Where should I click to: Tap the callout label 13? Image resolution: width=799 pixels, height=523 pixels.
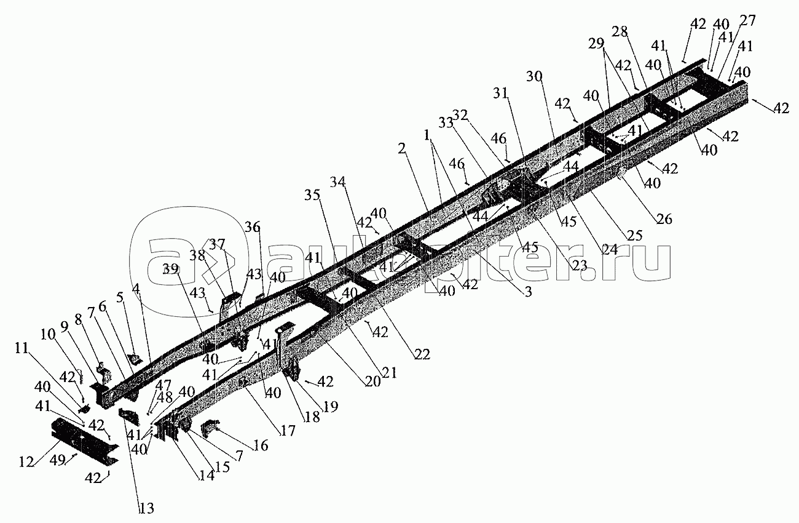point(147,508)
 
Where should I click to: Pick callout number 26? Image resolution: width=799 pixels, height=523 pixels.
point(664,218)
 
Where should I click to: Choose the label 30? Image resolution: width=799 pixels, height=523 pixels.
point(535,77)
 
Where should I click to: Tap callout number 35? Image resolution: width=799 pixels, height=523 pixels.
point(312,195)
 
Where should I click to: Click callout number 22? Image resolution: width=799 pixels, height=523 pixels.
point(421,354)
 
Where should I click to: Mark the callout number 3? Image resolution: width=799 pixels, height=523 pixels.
point(527,293)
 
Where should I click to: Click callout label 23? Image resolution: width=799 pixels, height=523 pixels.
point(579,266)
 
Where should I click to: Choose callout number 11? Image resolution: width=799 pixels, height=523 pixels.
point(21,348)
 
